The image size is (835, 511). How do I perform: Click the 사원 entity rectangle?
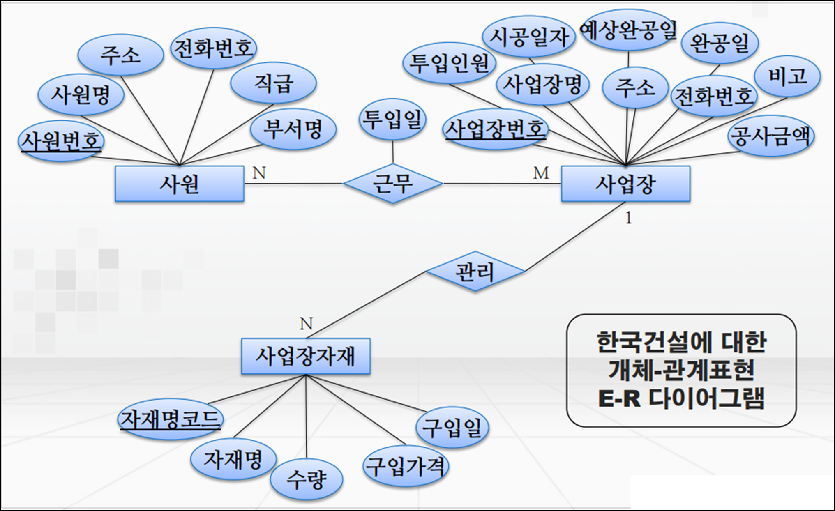[x=179, y=184]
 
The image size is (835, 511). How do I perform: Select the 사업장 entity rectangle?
[x=625, y=184]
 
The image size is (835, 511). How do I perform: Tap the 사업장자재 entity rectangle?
[x=305, y=356]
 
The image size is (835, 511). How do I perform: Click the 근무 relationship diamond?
[x=393, y=183]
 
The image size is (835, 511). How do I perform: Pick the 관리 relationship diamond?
[x=475, y=272]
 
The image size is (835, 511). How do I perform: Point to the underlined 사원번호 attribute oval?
[x=61, y=141]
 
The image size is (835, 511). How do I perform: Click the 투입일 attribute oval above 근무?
[x=392, y=119]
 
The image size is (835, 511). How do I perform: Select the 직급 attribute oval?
[x=273, y=83]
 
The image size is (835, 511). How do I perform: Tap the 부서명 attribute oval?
[x=293, y=129]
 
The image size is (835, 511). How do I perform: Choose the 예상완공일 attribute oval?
[x=628, y=30]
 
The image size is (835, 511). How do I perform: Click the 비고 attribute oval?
[x=787, y=76]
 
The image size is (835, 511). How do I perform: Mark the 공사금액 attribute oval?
[x=771, y=136]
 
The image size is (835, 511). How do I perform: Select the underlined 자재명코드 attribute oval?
[x=170, y=419]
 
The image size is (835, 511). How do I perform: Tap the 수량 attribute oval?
[x=306, y=479]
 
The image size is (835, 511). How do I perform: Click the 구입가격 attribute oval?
[x=406, y=466]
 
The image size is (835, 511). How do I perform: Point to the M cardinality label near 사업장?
[x=541, y=173]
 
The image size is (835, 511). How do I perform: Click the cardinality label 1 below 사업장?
[x=628, y=218]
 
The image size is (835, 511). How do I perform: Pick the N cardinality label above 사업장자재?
[x=306, y=324]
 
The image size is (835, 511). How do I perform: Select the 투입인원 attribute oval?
[x=449, y=63]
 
